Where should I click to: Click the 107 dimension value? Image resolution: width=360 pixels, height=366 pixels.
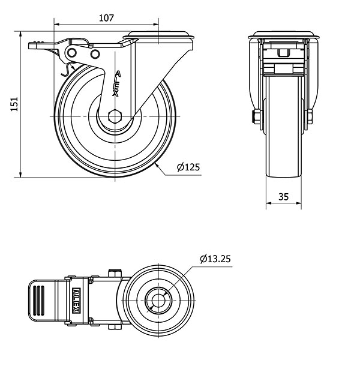(106, 17)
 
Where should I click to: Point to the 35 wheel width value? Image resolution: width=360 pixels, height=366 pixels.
(284, 196)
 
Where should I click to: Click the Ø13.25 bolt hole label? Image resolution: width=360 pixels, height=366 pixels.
(215, 259)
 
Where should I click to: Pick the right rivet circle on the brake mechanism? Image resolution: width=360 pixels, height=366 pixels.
(94, 55)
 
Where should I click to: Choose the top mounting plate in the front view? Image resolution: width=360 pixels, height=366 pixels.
(284, 34)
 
